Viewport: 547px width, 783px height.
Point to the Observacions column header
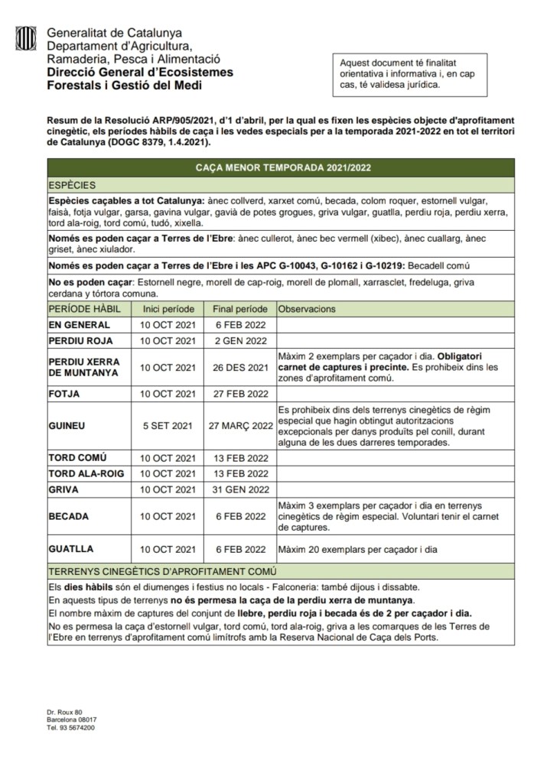point(307,310)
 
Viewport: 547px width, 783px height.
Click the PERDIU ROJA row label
point(80,341)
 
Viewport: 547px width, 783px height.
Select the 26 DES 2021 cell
point(239,367)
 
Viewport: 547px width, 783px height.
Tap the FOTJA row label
point(64,394)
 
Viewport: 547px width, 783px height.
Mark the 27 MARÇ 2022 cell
point(240,425)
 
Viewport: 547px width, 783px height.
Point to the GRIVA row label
point(63,489)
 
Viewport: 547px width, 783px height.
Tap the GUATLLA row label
point(71,549)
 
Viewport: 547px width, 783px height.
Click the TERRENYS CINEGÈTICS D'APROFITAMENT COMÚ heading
point(162,571)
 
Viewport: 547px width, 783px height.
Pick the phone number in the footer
point(70,728)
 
